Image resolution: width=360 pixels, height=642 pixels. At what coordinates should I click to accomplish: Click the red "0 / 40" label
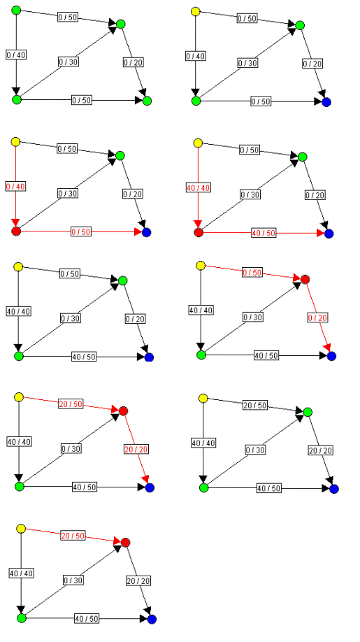(15, 187)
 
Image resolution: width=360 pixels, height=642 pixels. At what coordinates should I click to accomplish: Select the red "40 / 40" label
(198, 187)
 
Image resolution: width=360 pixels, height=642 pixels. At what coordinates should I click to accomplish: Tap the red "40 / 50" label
(264, 233)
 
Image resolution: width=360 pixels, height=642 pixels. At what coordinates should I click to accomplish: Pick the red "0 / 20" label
(317, 318)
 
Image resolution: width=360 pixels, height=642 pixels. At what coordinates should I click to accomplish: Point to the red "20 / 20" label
(136, 449)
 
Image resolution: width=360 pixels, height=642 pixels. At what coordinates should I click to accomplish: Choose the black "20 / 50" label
(254, 406)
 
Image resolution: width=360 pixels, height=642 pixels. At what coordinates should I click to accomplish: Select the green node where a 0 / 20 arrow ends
(147, 100)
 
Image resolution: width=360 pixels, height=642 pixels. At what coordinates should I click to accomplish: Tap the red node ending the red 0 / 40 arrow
(16, 231)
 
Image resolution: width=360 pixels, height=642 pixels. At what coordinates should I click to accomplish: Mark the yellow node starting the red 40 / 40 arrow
(198, 143)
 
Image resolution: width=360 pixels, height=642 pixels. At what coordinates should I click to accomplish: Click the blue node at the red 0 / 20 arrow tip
(331, 356)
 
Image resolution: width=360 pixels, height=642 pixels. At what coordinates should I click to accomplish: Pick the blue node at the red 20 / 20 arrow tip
(150, 487)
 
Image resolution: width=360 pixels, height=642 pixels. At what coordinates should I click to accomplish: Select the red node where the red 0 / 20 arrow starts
(304, 280)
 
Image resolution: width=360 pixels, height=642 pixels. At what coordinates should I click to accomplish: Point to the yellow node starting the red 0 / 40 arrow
(15, 142)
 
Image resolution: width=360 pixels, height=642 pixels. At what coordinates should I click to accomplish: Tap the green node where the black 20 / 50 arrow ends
(308, 411)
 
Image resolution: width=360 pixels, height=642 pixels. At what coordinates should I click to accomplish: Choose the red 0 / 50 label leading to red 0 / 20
(252, 273)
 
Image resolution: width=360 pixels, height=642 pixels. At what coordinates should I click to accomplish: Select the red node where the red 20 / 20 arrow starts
(124, 411)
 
